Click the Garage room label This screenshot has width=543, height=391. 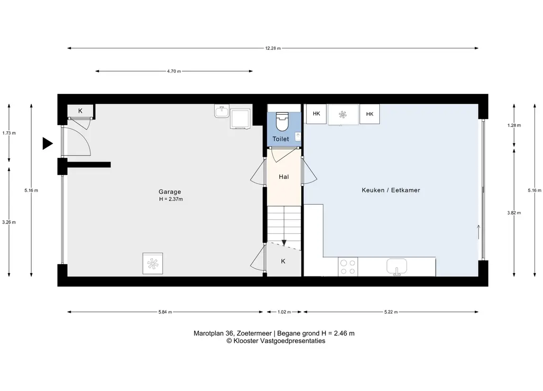point(170,191)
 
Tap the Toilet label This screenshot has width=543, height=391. point(280,139)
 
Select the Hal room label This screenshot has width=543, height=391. point(284,177)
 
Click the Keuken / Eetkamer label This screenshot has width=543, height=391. point(391,190)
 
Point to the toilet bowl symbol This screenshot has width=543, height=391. point(282,121)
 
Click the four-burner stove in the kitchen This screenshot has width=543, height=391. point(348,267)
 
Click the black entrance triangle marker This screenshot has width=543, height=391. point(47,143)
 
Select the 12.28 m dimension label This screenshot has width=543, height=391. point(273,48)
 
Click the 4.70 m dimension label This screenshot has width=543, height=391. point(174,71)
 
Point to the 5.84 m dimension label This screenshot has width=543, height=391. point(165,312)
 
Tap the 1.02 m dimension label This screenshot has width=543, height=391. point(285,312)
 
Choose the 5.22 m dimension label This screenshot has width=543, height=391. point(391,312)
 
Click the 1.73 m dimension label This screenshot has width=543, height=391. point(9,133)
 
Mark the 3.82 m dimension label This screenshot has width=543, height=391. point(514,213)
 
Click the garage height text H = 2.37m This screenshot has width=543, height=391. point(171,200)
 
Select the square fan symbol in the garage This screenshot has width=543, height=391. point(153,264)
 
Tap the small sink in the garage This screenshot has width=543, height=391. point(221,111)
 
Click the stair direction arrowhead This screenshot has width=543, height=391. point(284,243)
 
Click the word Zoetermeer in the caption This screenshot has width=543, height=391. point(254,333)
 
